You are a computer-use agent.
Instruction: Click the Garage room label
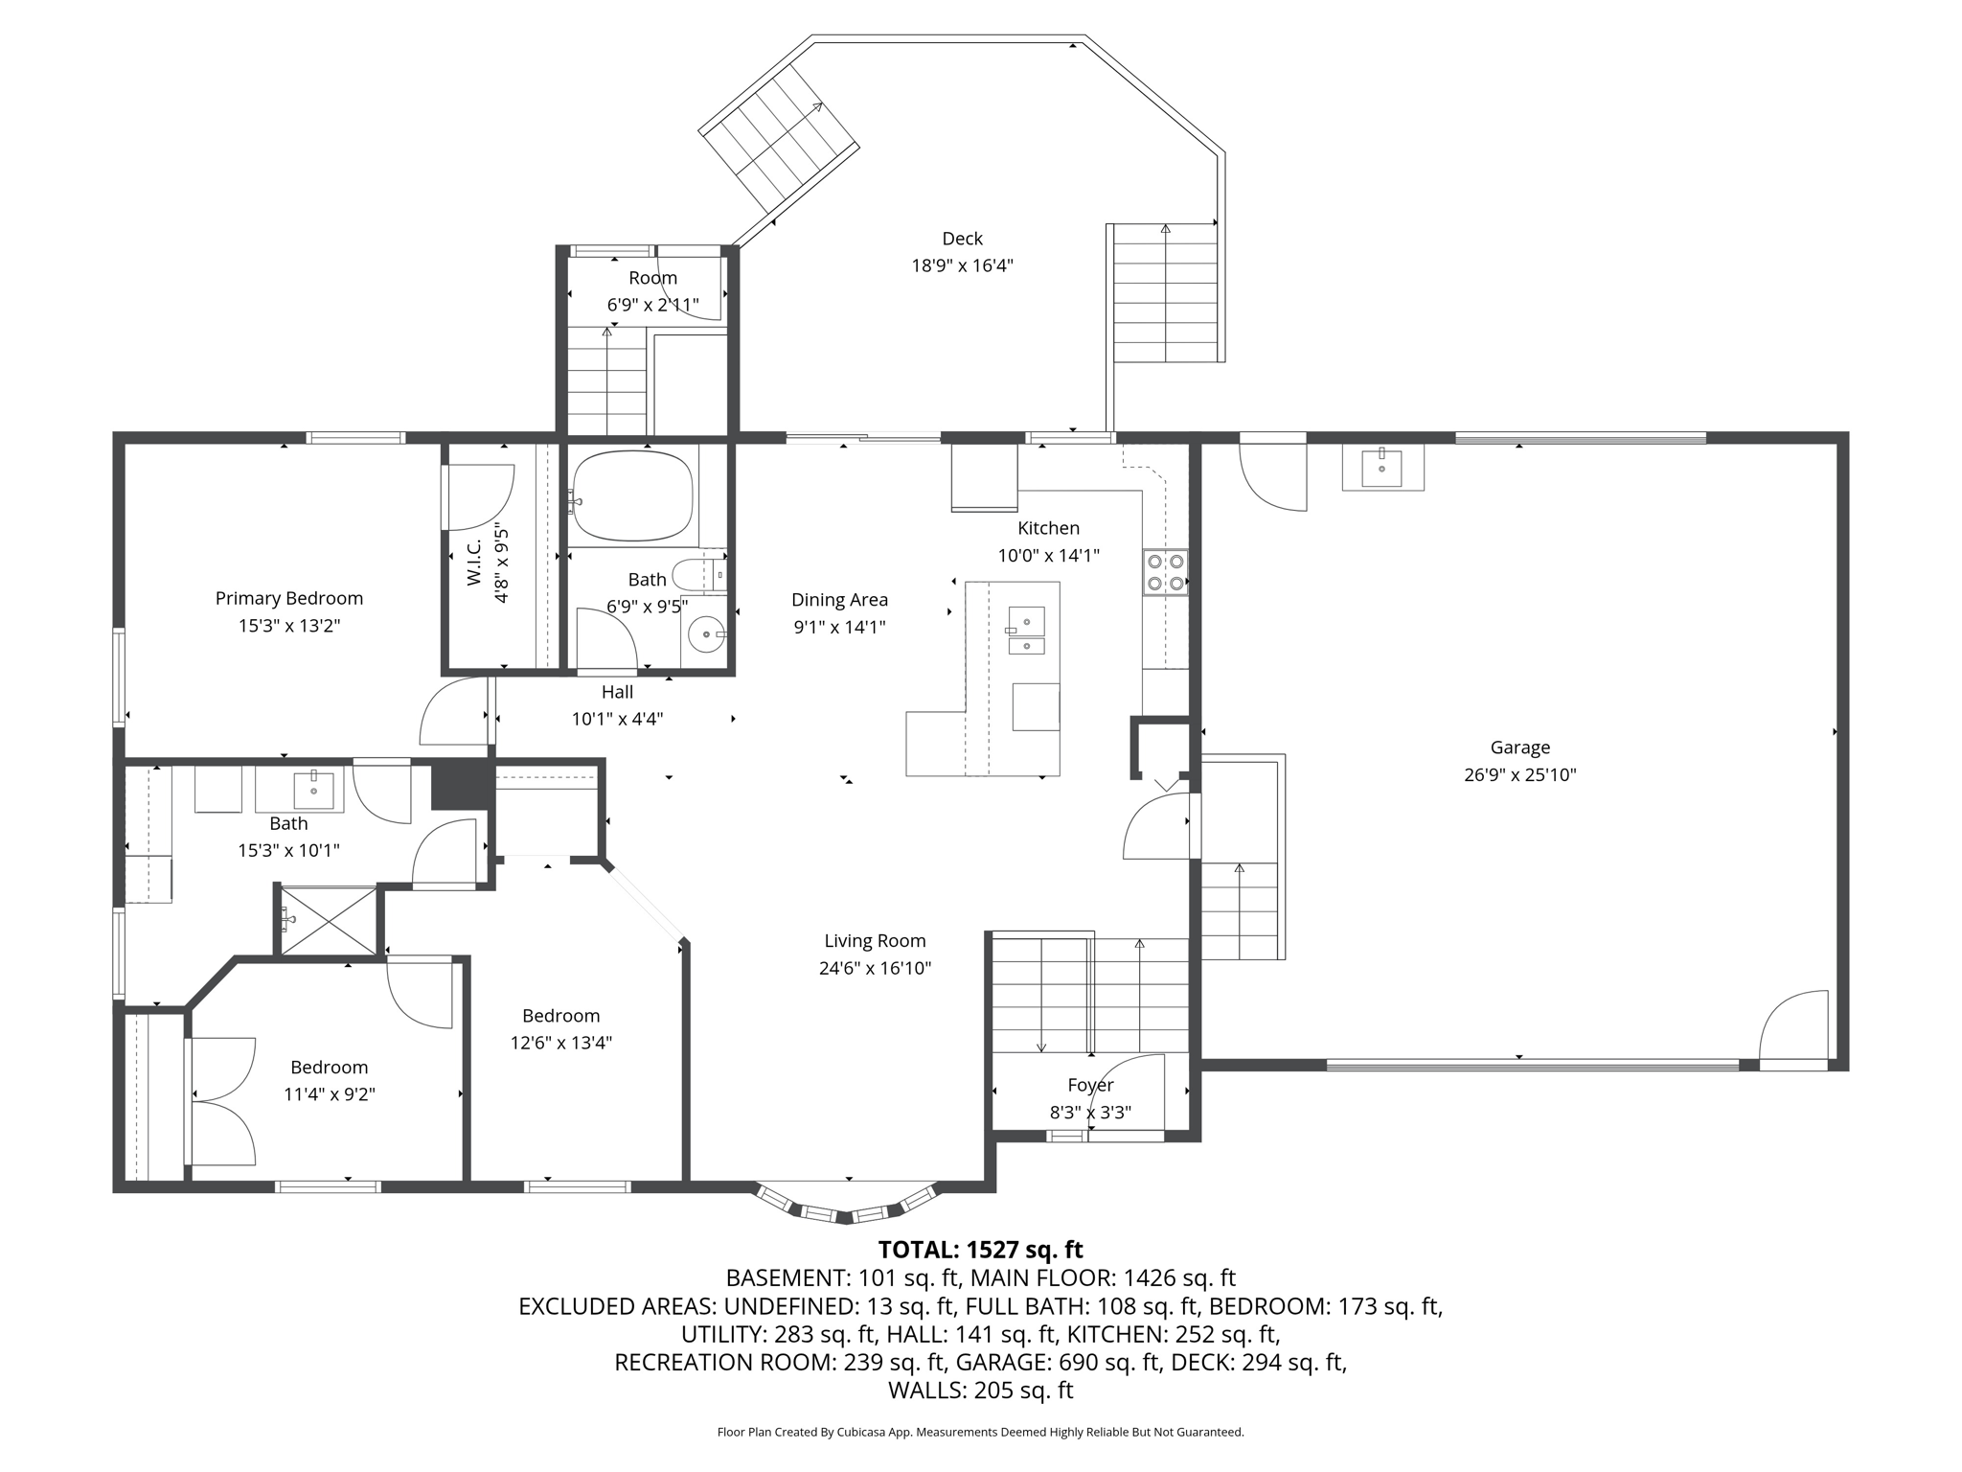coord(1519,747)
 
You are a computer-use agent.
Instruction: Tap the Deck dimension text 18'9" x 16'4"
coord(962,265)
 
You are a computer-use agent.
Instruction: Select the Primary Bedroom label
coord(289,599)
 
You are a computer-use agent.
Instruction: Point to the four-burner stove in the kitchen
coord(1165,572)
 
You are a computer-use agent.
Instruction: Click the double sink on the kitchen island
coord(1026,630)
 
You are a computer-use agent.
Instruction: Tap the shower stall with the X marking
coord(328,920)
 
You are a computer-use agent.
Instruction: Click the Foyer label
coord(1090,1085)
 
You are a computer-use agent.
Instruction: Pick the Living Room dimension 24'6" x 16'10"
coord(875,968)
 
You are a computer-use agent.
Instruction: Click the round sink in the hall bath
coord(706,634)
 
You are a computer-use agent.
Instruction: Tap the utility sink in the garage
coord(1382,468)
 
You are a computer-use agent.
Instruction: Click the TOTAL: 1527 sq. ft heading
coord(980,1250)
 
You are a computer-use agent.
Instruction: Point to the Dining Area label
coord(839,600)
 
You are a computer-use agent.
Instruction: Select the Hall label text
coord(618,692)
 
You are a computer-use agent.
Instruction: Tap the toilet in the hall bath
coord(699,575)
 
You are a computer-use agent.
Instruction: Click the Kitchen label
coord(1048,528)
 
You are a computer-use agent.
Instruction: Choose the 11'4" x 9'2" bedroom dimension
coord(329,1094)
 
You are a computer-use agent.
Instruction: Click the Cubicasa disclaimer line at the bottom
coord(980,1432)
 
